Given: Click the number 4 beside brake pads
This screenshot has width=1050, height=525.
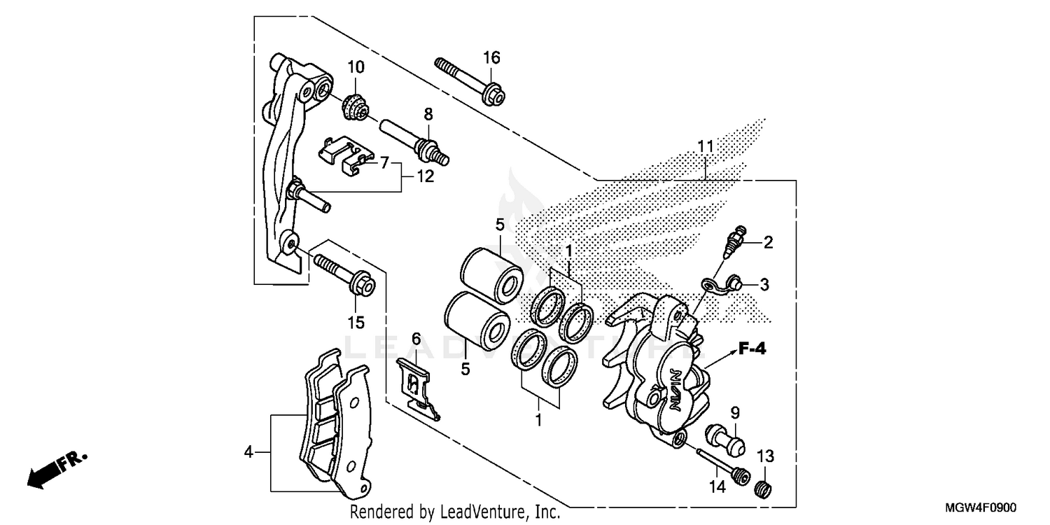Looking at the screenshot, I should [x=248, y=452].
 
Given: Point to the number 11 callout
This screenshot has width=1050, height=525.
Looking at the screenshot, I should [x=705, y=147].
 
